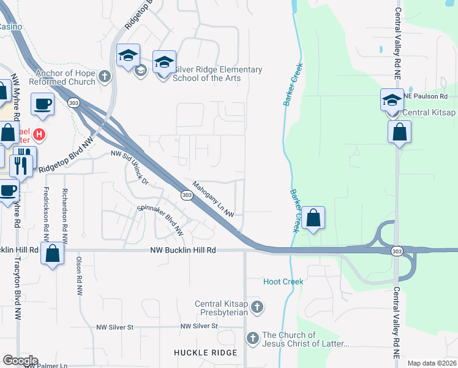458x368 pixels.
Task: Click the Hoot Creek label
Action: click(x=283, y=282)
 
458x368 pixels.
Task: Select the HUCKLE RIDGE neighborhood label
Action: click(x=205, y=353)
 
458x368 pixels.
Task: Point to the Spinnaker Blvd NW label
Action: click(x=160, y=220)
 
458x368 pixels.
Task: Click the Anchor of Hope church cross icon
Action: click(x=104, y=77)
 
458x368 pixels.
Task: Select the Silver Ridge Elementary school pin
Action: click(x=163, y=63)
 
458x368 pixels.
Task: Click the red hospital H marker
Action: click(x=40, y=133)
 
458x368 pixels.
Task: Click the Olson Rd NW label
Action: click(x=79, y=277)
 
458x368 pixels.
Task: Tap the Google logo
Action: click(x=20, y=361)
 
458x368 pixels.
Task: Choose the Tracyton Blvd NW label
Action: click(x=17, y=288)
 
